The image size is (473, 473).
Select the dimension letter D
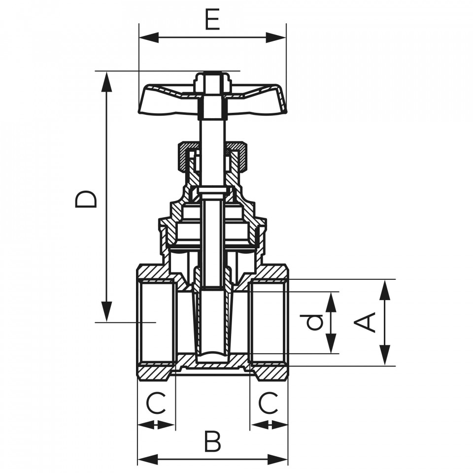[x=86, y=199]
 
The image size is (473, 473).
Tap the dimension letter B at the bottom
[x=213, y=441]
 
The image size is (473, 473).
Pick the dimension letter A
[x=365, y=323]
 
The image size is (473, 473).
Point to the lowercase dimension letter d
[x=314, y=322]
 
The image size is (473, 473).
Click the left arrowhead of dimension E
[x=149, y=38]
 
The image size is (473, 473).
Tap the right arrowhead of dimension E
[x=276, y=38]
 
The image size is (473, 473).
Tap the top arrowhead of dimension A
[x=385, y=290]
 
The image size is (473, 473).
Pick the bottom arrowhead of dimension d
[x=331, y=343]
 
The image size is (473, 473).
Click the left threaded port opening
[x=157, y=322]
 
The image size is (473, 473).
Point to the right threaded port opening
[x=268, y=322]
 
